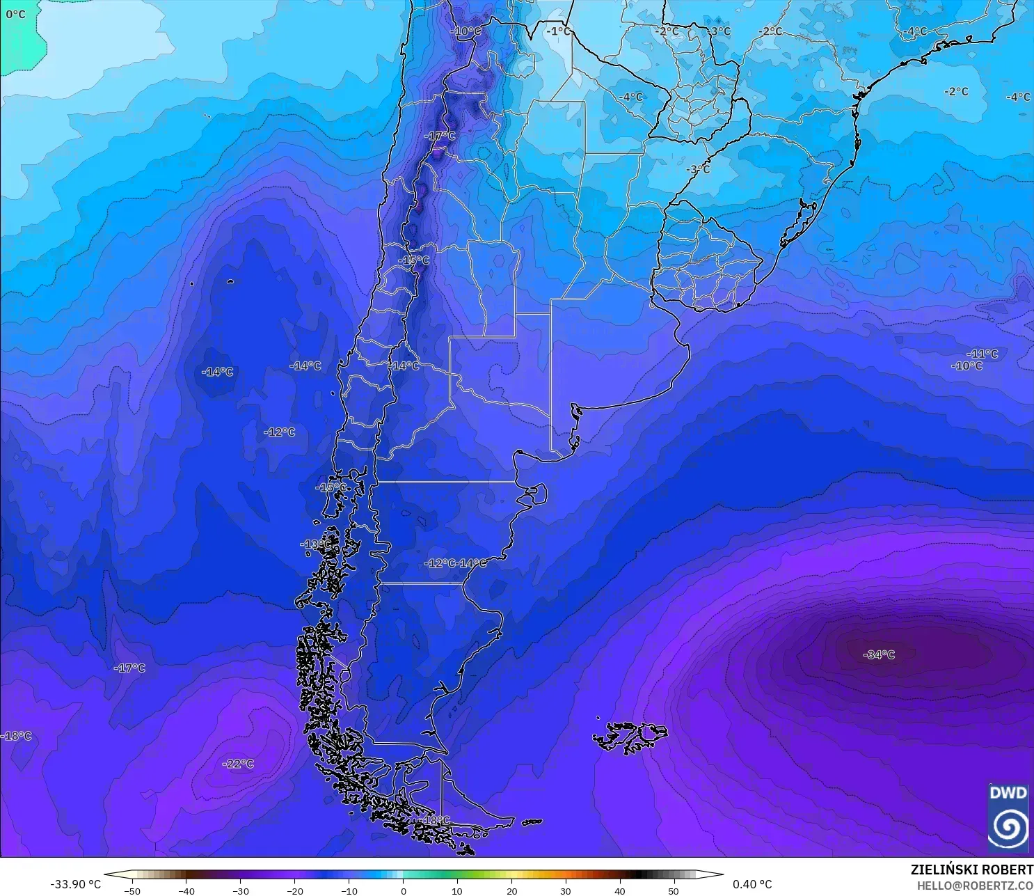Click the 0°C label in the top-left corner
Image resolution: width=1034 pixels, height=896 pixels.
[x=15, y=14]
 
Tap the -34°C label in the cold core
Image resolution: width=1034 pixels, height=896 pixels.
[x=879, y=654]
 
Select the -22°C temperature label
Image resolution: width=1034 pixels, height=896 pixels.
[x=238, y=764]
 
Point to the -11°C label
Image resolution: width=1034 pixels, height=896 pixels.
[x=982, y=354]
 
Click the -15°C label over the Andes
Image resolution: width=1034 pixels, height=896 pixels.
[x=414, y=260]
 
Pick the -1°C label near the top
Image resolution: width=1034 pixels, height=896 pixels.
[x=557, y=31]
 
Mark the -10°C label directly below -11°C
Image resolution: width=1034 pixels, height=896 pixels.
[x=967, y=366]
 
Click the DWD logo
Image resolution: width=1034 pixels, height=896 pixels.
[x=1008, y=817]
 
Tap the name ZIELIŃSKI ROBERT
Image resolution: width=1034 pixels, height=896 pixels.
[x=971, y=870]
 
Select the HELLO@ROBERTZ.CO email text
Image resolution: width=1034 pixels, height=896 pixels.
[x=974, y=886]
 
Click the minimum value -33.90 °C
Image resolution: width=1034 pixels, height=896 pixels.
[x=75, y=884]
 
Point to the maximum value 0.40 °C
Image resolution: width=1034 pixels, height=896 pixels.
[x=752, y=884]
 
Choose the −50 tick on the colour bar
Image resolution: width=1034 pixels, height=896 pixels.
[x=132, y=890]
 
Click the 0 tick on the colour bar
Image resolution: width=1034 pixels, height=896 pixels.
[x=403, y=890]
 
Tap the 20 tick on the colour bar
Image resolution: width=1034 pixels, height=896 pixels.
[x=511, y=890]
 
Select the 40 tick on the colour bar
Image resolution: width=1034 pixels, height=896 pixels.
[x=619, y=890]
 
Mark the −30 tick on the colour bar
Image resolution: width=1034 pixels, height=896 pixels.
[x=240, y=890]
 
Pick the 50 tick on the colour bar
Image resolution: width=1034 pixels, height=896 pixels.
[x=674, y=890]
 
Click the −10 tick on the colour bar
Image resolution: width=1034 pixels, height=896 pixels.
[x=349, y=890]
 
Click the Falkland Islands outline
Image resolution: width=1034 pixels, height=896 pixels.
[x=630, y=737]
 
